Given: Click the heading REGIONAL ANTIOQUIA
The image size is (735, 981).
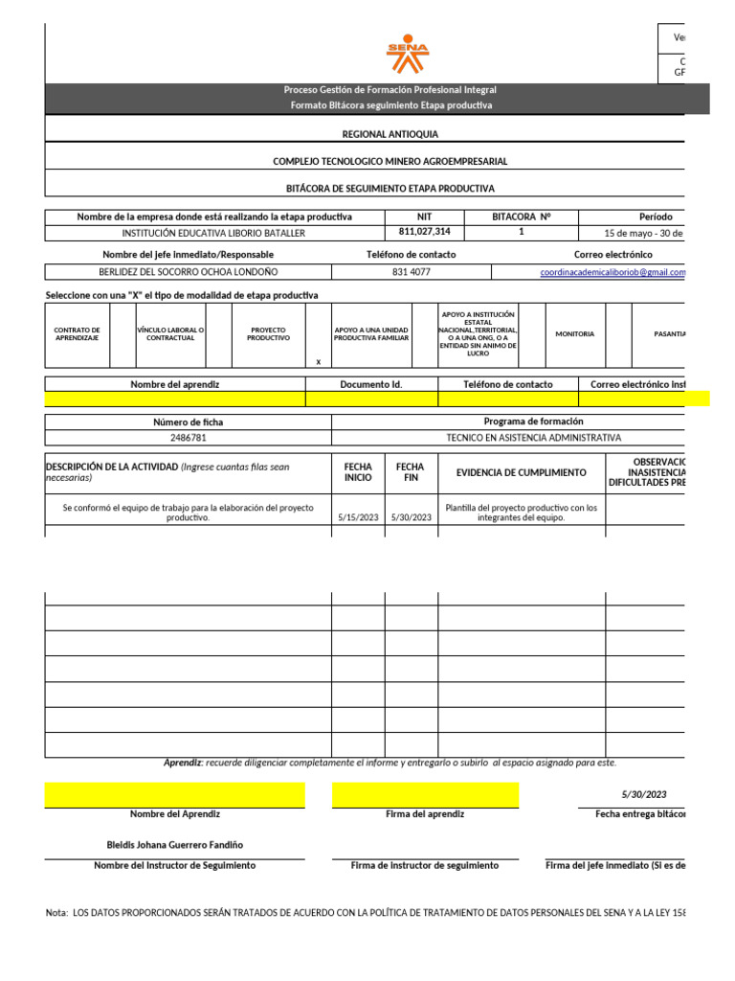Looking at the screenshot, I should (390, 136).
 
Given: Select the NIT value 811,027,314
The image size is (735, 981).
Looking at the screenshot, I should (424, 233).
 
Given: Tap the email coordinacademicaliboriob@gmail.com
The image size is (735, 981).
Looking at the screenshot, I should (613, 273).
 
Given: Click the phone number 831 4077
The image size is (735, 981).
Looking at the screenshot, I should (412, 273).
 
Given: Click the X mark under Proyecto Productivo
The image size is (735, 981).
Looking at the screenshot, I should (319, 362).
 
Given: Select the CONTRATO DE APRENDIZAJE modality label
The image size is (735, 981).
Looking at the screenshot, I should (78, 334).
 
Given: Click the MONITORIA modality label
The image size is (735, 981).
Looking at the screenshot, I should (574, 334).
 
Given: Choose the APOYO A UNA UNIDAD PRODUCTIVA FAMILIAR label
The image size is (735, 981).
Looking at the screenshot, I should (370, 334).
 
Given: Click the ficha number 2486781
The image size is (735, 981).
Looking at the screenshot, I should (188, 438).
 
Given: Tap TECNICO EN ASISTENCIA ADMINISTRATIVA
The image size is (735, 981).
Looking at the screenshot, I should (533, 438).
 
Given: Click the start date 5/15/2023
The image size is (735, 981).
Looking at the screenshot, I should (358, 517).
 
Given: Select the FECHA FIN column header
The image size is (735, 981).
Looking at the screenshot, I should (412, 471).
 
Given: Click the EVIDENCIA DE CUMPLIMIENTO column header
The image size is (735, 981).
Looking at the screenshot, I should (521, 472).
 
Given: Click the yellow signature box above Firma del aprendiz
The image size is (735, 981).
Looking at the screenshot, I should (425, 794).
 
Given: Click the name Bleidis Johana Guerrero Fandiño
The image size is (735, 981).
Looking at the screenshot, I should (174, 845).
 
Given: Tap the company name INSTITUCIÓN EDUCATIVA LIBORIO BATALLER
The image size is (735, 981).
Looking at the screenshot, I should (213, 233).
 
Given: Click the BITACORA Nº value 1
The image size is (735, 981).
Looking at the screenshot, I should (521, 232).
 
